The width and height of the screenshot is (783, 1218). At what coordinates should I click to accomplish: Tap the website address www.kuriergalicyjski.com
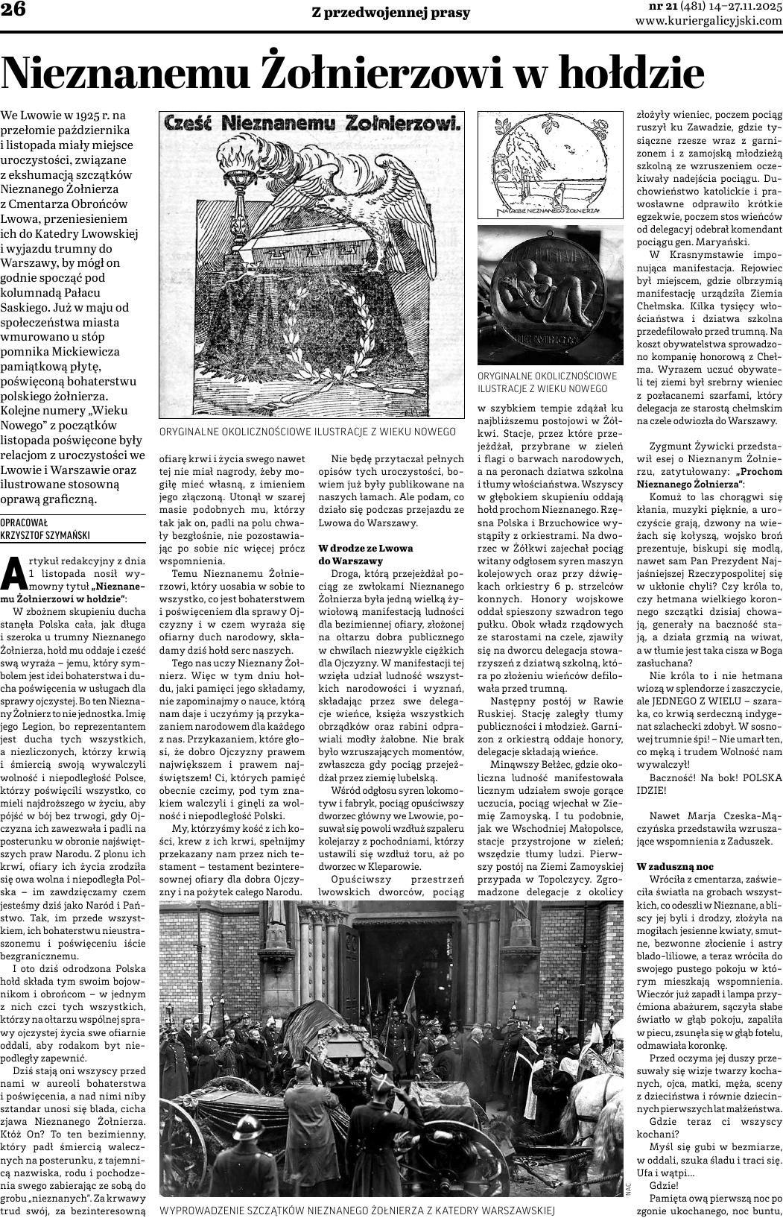[708, 21]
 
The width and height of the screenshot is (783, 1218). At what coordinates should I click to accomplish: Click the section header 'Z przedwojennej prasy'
[380, 13]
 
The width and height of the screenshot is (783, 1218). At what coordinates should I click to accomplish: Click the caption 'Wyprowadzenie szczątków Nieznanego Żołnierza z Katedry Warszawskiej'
[359, 1209]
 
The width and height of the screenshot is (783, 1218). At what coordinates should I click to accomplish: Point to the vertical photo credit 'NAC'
[628, 1191]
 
